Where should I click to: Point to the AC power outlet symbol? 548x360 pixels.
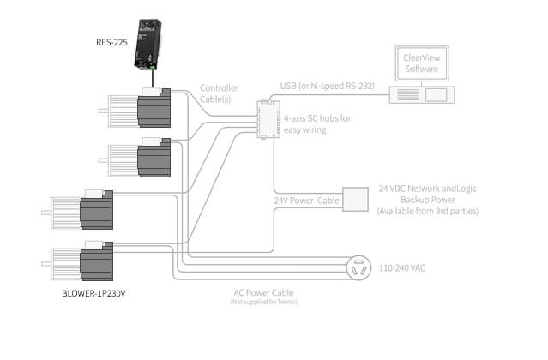(x=358, y=268)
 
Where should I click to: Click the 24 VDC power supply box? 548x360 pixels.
(x=354, y=199)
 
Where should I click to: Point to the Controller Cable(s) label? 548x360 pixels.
(x=219, y=93)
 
